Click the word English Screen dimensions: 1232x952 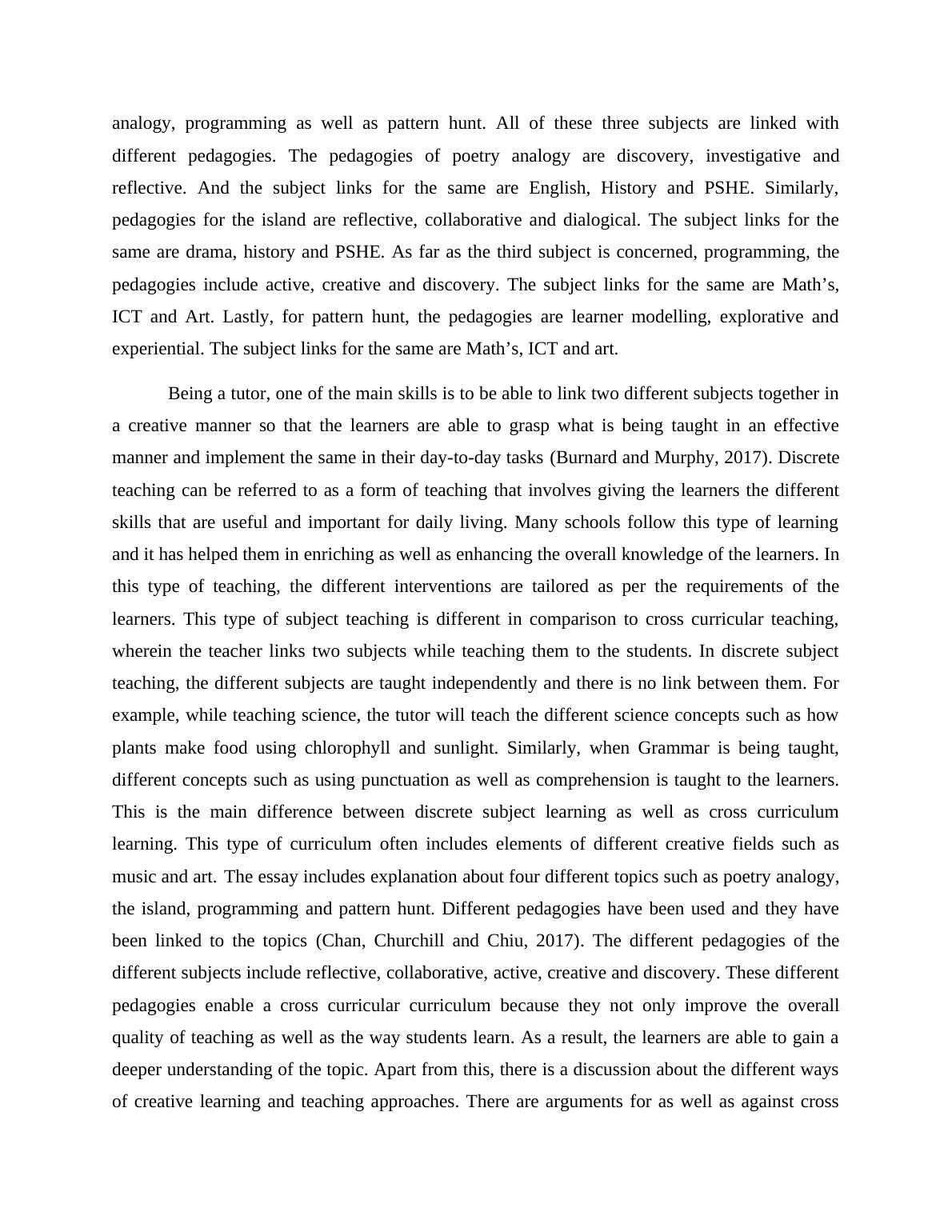pyautogui.click(x=559, y=188)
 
